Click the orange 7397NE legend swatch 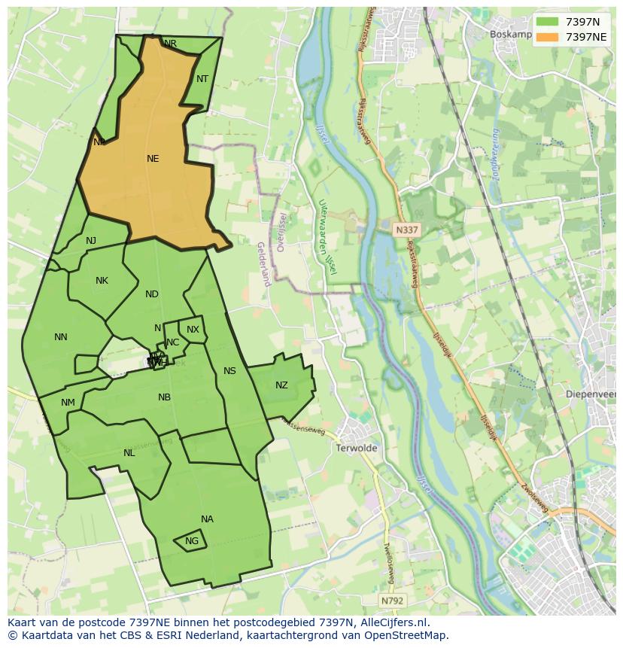click(x=548, y=37)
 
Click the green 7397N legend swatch click(x=548, y=22)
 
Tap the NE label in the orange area click(x=153, y=159)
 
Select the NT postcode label click(x=202, y=79)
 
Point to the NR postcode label click(x=171, y=44)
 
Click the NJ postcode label click(x=91, y=241)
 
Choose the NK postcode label click(x=102, y=281)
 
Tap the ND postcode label click(x=152, y=294)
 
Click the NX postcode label click(x=193, y=330)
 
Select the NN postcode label click(x=61, y=337)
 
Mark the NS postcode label click(x=229, y=371)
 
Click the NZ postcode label click(x=281, y=385)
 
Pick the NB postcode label click(x=164, y=397)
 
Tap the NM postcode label click(x=68, y=403)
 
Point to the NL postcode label click(x=129, y=453)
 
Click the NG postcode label click(x=192, y=541)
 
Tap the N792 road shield click(x=391, y=601)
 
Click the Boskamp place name click(x=510, y=34)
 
